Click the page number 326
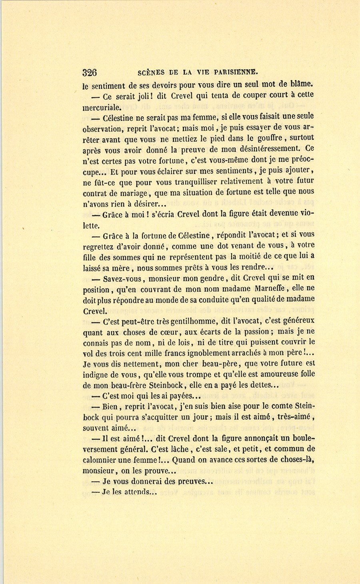click(x=90, y=72)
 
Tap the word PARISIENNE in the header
click(x=236, y=72)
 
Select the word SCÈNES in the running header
click(x=151, y=72)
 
